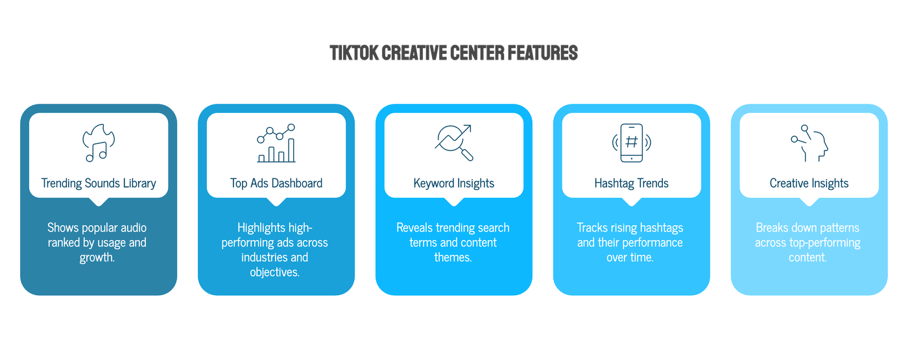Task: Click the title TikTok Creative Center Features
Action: (x=453, y=53)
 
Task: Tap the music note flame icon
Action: (x=99, y=143)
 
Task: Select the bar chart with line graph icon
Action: (x=276, y=143)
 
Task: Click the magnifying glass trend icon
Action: (x=454, y=143)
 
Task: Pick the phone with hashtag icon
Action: (x=631, y=143)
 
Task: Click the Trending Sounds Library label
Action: (x=99, y=184)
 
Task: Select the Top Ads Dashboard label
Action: (x=276, y=184)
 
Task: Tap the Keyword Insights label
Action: (x=454, y=184)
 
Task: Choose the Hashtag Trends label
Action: (x=631, y=184)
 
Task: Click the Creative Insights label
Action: (x=809, y=184)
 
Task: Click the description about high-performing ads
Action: (x=276, y=250)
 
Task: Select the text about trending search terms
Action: (x=454, y=243)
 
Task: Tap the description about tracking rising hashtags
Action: (x=631, y=243)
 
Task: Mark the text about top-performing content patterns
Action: (x=809, y=243)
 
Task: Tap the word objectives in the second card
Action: (x=276, y=272)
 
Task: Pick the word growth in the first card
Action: (x=97, y=258)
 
